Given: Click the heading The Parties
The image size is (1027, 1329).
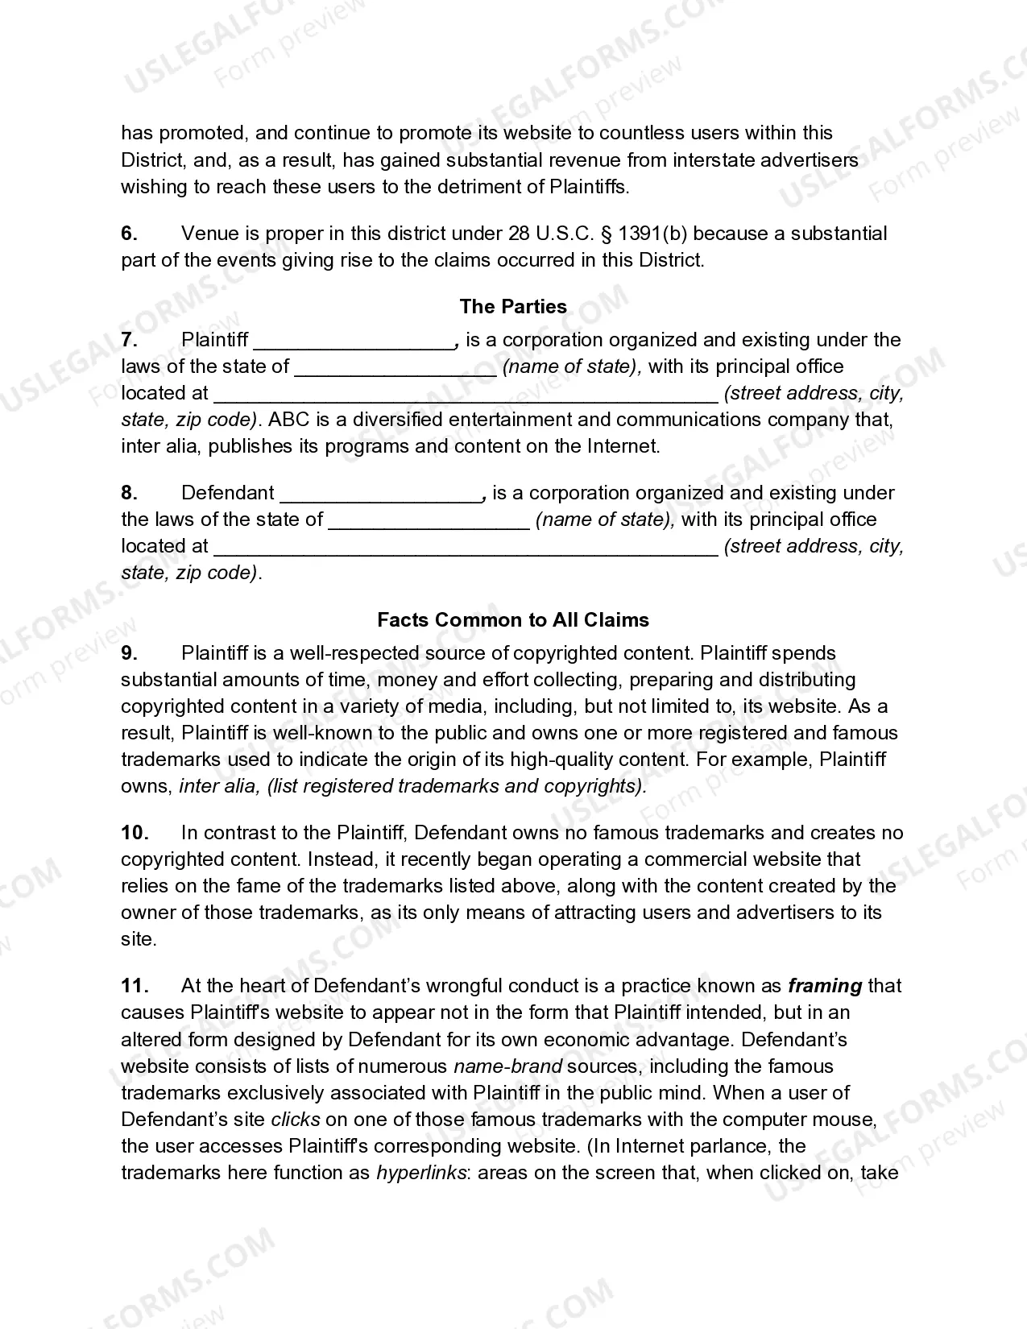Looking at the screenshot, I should (513, 307).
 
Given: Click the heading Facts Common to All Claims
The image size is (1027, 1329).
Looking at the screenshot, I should (513, 620).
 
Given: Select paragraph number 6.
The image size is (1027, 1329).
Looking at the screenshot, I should (130, 234).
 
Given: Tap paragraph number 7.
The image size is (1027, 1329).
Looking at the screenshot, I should (130, 340).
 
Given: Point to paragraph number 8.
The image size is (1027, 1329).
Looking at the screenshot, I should (130, 493).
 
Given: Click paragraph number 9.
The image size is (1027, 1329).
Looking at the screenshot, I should (130, 653).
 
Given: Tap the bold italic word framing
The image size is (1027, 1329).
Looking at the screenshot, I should (825, 986).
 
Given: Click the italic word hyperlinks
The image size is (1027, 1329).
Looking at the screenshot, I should (421, 1173).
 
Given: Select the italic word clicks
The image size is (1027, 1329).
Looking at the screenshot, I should (296, 1120).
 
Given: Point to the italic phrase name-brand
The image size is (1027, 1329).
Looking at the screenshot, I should (507, 1066).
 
